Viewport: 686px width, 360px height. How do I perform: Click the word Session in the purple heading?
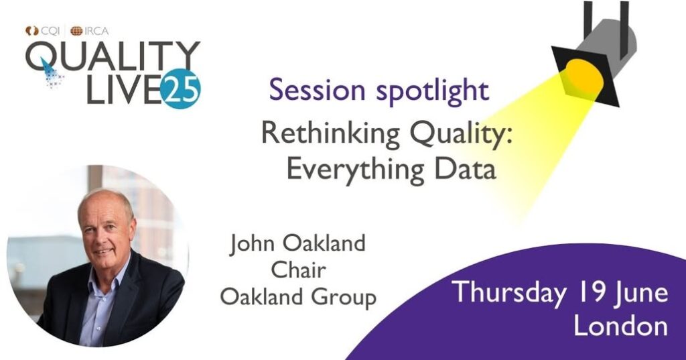pyautogui.click(x=317, y=90)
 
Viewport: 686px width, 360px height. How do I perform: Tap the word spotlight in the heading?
pyautogui.click(x=432, y=91)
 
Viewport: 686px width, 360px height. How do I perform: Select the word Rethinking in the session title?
pyautogui.click(x=330, y=133)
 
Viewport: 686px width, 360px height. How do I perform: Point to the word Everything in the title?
pyautogui.click(x=356, y=169)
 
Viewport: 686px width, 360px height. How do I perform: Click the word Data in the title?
pyautogui.click(x=465, y=168)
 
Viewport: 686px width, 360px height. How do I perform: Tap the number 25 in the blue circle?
pyautogui.click(x=180, y=89)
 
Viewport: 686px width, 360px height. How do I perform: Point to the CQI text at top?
pyautogui.click(x=50, y=31)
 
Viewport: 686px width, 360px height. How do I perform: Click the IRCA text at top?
pyautogui.click(x=96, y=31)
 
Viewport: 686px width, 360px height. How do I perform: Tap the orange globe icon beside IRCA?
pyautogui.click(x=76, y=31)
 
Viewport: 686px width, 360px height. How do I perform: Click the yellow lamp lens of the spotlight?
pyautogui.click(x=584, y=77)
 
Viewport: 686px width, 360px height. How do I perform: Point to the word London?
pyautogui.click(x=620, y=326)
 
